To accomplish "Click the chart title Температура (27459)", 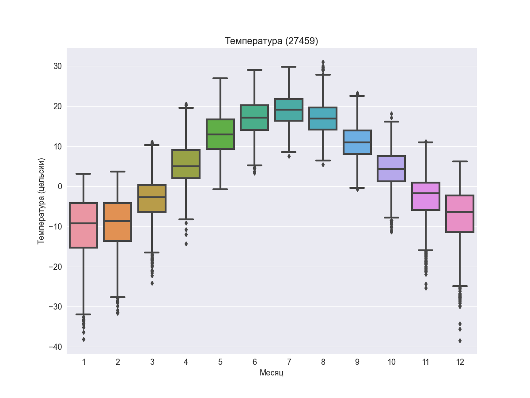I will (271, 41).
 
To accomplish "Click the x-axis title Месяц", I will (271, 373).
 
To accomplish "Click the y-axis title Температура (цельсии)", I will (41, 201).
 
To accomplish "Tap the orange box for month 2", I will (117, 230).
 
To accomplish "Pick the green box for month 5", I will (220, 142).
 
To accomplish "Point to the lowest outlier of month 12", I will (460, 341).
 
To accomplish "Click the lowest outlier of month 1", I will (83, 340).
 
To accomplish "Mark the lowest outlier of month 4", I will (186, 244).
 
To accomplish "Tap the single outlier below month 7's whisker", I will (289, 156).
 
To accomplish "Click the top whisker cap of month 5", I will (220, 78).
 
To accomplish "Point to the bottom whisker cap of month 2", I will (117, 297).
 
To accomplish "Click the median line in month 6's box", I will (254, 118).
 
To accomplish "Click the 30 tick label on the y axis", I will (58, 66).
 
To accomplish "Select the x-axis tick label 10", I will (391, 362).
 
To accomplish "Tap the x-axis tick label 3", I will (152, 362).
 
